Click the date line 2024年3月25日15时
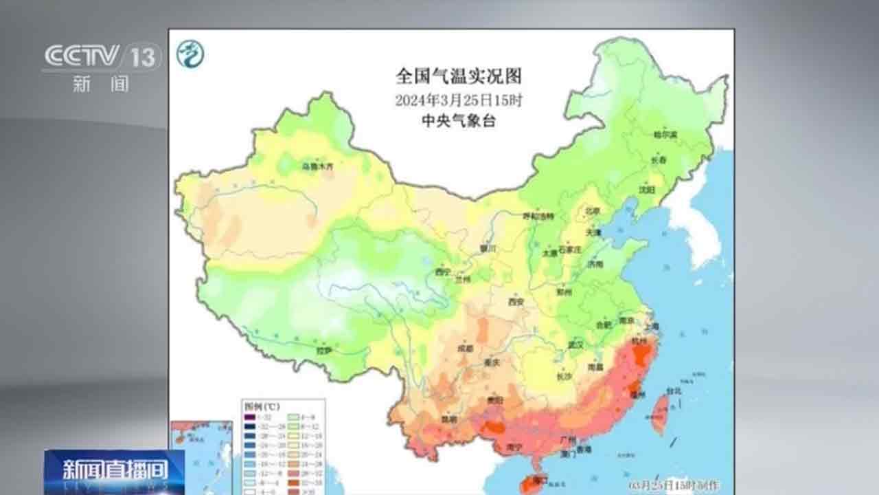coord(459,100)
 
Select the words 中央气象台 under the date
coord(459,121)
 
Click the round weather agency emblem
coord(190,54)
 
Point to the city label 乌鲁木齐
coord(318,166)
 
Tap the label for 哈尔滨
coord(665,134)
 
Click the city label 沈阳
coord(646,188)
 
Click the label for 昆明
coord(449,417)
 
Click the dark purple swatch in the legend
coord(251,417)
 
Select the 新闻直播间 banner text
coord(115,470)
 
